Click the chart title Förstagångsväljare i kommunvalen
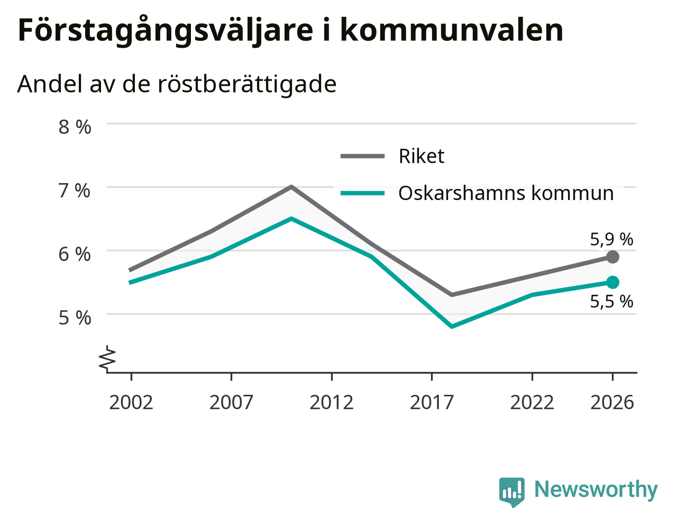(x=290, y=31)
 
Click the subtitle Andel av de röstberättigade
(x=177, y=84)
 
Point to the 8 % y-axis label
(x=75, y=127)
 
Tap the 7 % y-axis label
(x=75, y=190)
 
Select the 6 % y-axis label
(x=75, y=255)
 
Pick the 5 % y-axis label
(x=75, y=318)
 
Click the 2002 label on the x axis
(x=131, y=403)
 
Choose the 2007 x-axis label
(x=231, y=403)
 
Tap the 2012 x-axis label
(x=332, y=403)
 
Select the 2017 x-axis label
(x=432, y=403)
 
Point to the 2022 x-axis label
(x=532, y=403)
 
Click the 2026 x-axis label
(x=612, y=403)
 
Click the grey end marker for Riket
(x=612, y=257)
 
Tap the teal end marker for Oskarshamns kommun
(x=612, y=282)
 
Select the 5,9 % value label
(x=611, y=239)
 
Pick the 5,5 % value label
(x=611, y=301)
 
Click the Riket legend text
(x=422, y=156)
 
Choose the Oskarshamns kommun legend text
(x=506, y=193)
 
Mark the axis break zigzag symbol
(x=107, y=358)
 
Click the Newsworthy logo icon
(x=511, y=491)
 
